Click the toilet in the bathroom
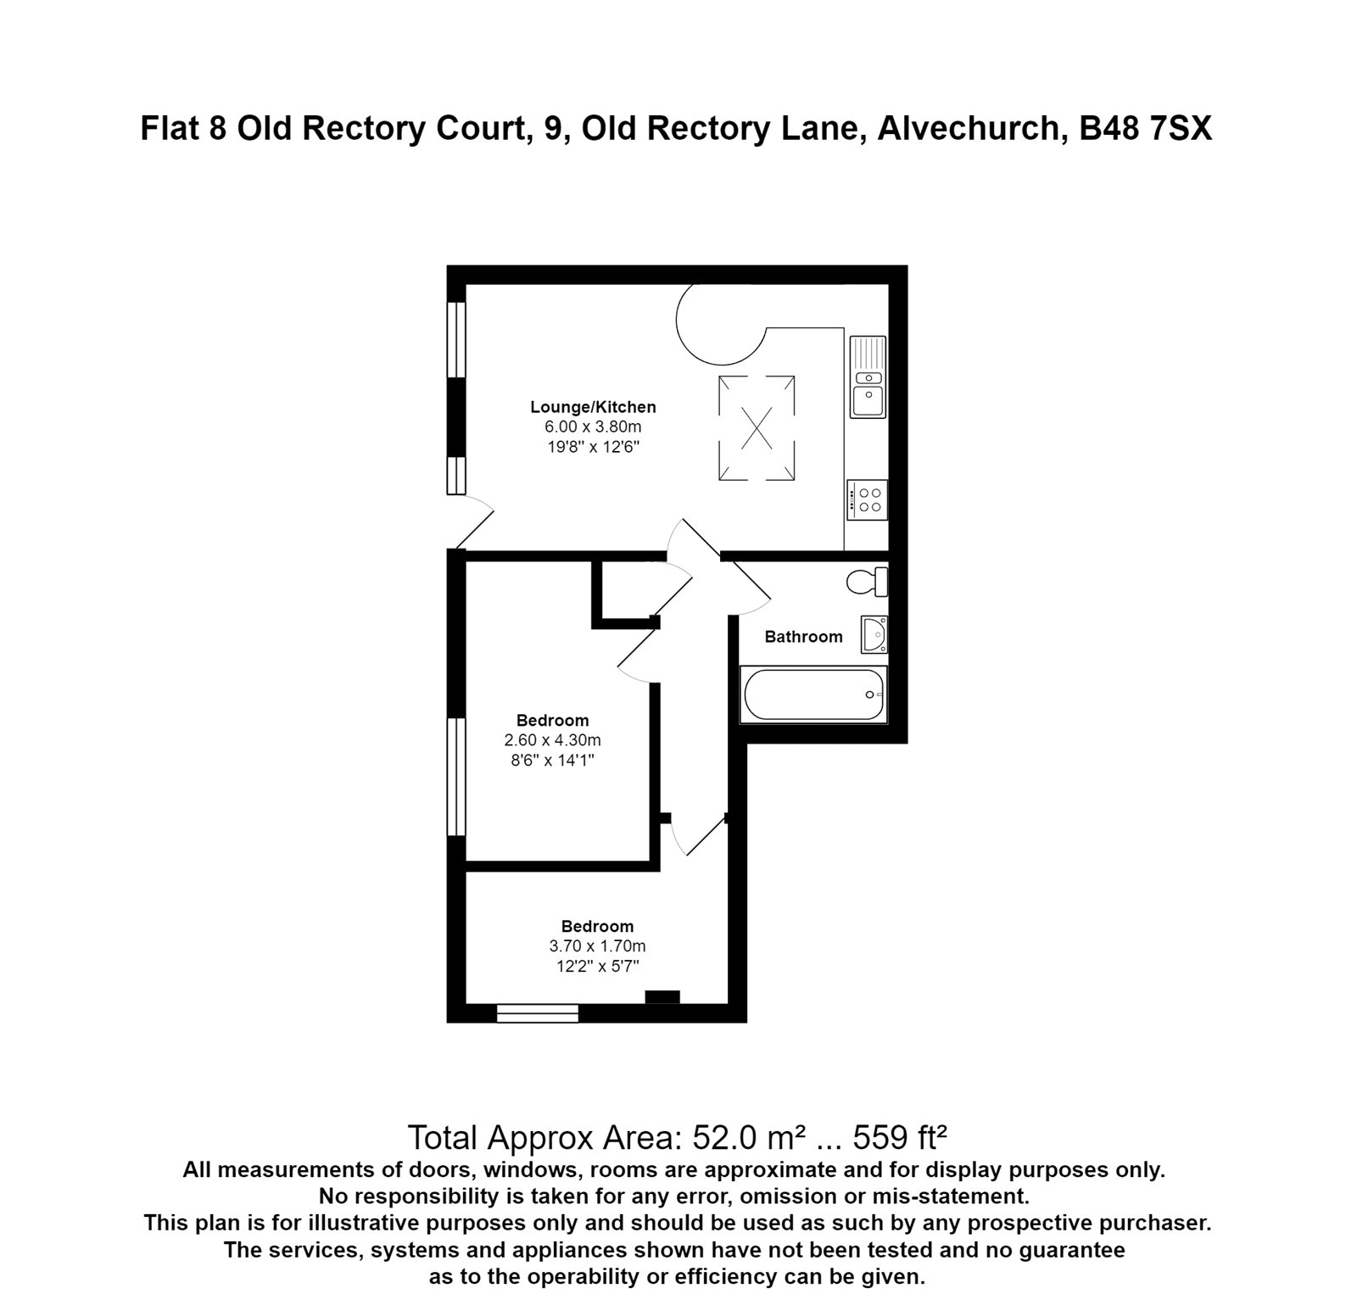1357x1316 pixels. click(x=866, y=582)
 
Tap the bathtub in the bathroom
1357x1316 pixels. click(x=813, y=694)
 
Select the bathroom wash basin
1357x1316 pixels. click(x=874, y=634)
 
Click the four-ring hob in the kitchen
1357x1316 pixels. click(x=867, y=499)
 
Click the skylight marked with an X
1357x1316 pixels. click(x=757, y=428)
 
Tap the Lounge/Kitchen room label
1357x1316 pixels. click(x=593, y=407)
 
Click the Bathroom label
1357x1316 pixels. click(x=803, y=637)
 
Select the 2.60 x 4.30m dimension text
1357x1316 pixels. click(x=552, y=740)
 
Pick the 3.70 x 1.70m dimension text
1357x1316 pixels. click(x=597, y=946)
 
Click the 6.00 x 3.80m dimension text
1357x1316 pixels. click(x=593, y=427)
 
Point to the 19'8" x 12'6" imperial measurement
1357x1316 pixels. click(x=593, y=447)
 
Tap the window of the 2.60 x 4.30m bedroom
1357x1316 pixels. click(x=457, y=777)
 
